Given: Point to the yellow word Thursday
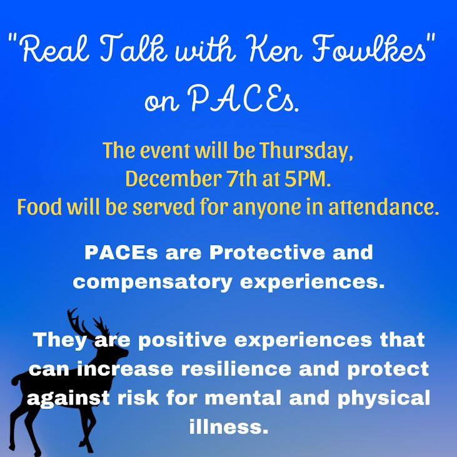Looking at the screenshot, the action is (306, 151).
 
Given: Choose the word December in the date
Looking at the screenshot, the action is (173, 179).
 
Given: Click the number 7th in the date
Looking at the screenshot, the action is (241, 179).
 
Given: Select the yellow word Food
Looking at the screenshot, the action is (39, 207).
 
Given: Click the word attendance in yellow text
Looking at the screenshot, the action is (384, 207).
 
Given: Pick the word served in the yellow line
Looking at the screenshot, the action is (164, 207).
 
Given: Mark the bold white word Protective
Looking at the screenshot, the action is (267, 253).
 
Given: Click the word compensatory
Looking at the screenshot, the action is (153, 283).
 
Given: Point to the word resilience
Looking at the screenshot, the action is (236, 369).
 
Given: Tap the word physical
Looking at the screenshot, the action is (384, 398).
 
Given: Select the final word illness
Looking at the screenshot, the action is (229, 427).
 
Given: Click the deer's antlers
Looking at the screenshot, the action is (87, 323).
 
